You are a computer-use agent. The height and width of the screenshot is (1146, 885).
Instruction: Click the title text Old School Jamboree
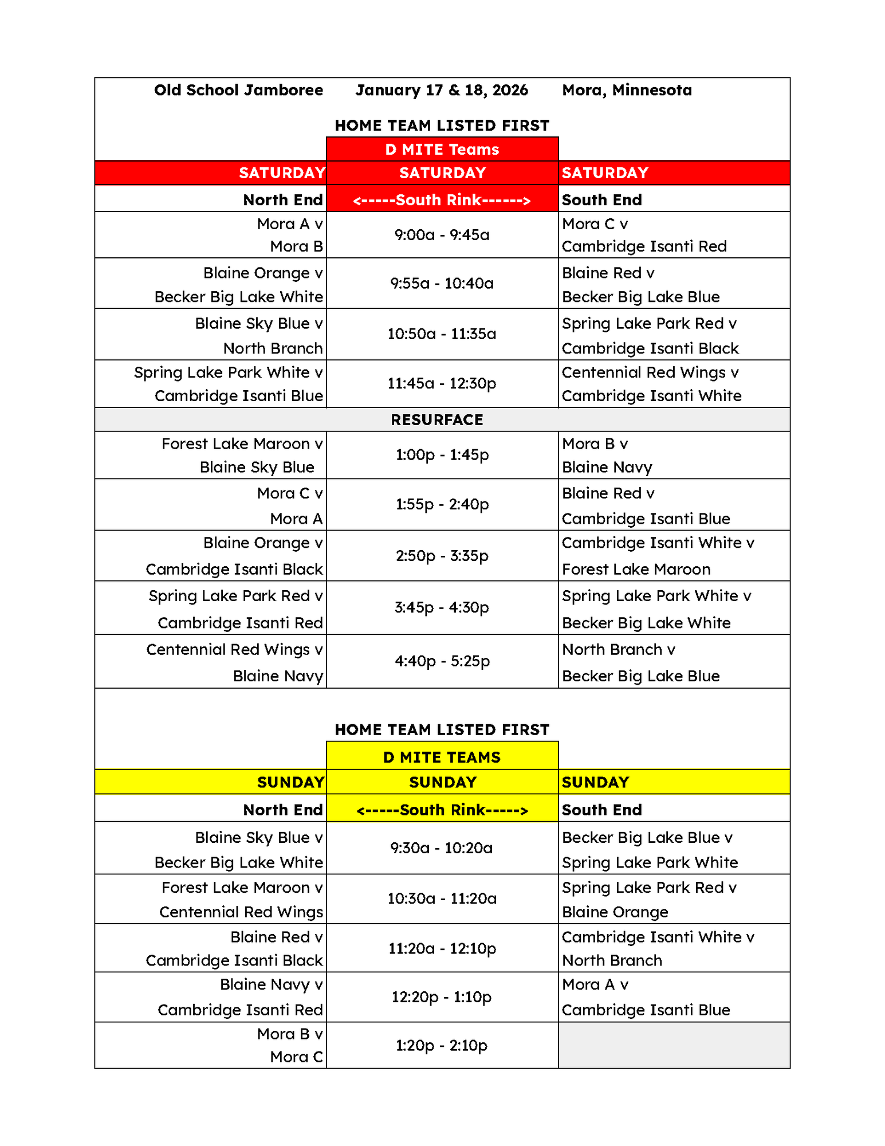click(238, 91)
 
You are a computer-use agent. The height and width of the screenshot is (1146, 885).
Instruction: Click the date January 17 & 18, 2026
click(442, 91)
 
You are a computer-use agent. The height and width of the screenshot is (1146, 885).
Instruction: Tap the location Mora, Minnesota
click(627, 91)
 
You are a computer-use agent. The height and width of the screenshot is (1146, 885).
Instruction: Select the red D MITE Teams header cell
click(442, 150)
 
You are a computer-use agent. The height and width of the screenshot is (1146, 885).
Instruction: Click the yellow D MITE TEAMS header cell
click(442, 757)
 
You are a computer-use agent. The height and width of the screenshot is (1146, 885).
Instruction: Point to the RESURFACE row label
click(437, 420)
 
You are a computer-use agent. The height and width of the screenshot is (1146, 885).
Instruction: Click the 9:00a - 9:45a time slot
click(442, 235)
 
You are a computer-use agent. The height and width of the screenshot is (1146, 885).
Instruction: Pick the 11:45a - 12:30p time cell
click(442, 383)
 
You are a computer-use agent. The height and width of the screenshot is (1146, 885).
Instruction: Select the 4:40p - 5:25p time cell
click(442, 661)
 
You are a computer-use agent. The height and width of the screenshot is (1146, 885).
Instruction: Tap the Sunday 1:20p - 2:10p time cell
click(442, 1046)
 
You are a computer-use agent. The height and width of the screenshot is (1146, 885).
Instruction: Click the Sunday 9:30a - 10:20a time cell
click(442, 848)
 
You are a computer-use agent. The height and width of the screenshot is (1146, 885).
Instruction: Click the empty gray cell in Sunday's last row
click(674, 1046)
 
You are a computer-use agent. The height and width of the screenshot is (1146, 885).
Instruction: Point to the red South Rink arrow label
click(442, 200)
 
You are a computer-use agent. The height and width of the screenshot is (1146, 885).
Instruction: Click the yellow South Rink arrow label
click(442, 810)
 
